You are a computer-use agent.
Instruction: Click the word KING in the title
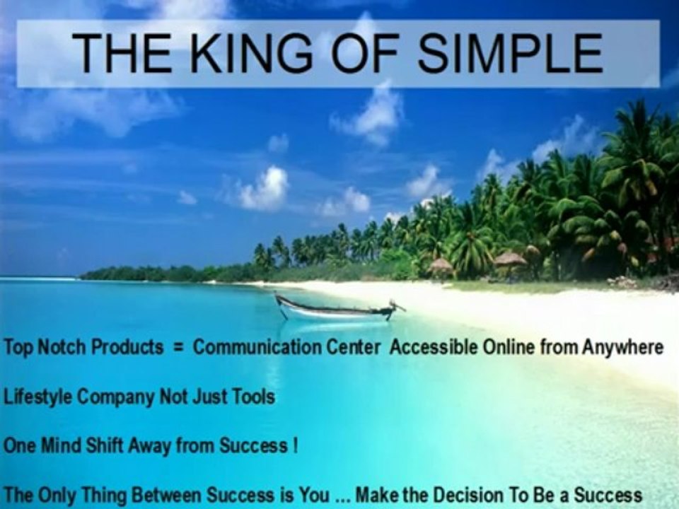pyautogui.click(x=250, y=53)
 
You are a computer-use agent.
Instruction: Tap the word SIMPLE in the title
pyautogui.click(x=510, y=53)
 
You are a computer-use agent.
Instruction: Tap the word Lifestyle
pyautogui.click(x=37, y=397)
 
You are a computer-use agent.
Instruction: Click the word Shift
pyautogui.click(x=104, y=445)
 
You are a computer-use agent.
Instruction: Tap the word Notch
pyautogui.click(x=63, y=347)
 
